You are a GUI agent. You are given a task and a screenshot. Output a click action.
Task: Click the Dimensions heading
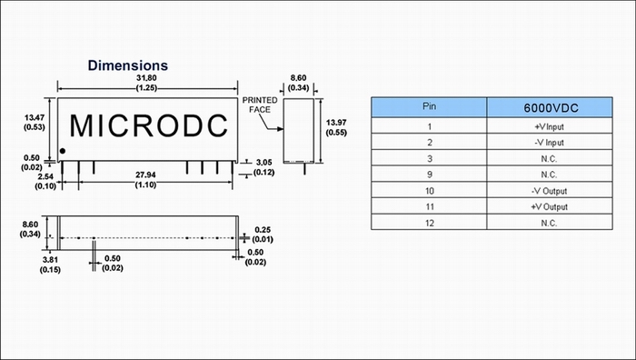click(x=128, y=65)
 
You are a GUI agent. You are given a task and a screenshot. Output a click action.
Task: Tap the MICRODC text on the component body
click(x=149, y=125)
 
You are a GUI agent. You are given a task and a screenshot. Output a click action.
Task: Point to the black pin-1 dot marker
click(x=63, y=151)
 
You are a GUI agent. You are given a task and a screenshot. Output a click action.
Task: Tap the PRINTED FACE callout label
click(x=260, y=105)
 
